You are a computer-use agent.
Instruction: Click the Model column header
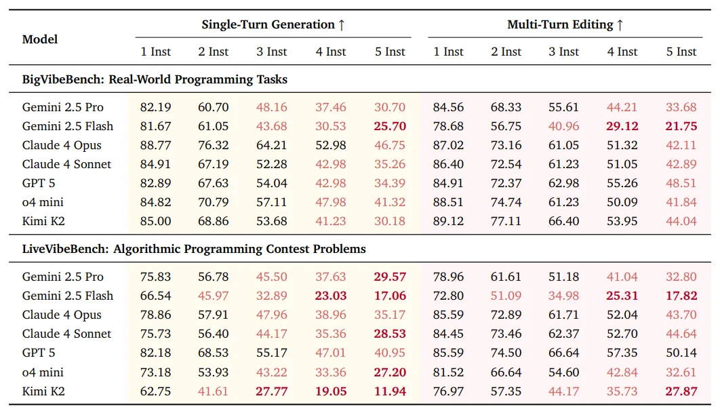click(40, 39)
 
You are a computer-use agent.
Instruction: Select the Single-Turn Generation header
click(273, 25)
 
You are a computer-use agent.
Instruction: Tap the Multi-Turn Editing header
click(565, 25)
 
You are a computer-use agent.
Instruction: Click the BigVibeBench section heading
click(155, 79)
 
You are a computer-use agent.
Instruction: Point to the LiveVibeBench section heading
click(194, 249)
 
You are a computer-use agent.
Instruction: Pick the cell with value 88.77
click(156, 145)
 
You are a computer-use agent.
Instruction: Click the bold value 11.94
click(390, 391)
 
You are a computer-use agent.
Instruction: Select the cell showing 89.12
click(448, 221)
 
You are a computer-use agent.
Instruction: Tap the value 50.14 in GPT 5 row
click(681, 353)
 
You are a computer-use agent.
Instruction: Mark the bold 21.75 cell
click(681, 126)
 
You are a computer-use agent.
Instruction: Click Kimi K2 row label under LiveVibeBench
click(43, 391)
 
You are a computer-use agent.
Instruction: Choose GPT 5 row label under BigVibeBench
click(38, 183)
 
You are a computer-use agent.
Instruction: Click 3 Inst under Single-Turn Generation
click(272, 52)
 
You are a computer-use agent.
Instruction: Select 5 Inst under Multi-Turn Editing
click(681, 52)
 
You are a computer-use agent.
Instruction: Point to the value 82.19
click(156, 107)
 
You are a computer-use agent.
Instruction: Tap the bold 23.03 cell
click(331, 296)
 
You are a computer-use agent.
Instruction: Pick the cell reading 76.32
click(214, 145)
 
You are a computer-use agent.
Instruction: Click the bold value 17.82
click(681, 296)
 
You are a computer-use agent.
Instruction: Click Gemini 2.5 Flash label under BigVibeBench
click(68, 126)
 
